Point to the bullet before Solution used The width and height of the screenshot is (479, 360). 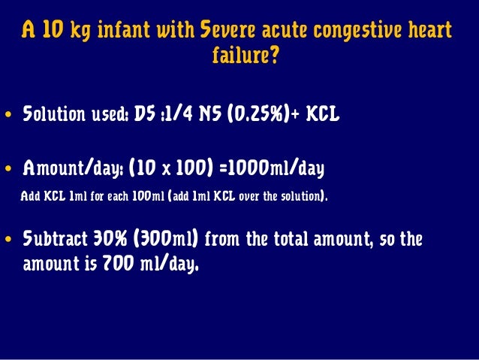[10, 117]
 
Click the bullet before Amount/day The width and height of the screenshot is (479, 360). [10, 168]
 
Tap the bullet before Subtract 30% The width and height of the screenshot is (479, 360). [10, 242]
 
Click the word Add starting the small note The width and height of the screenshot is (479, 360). [29, 198]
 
